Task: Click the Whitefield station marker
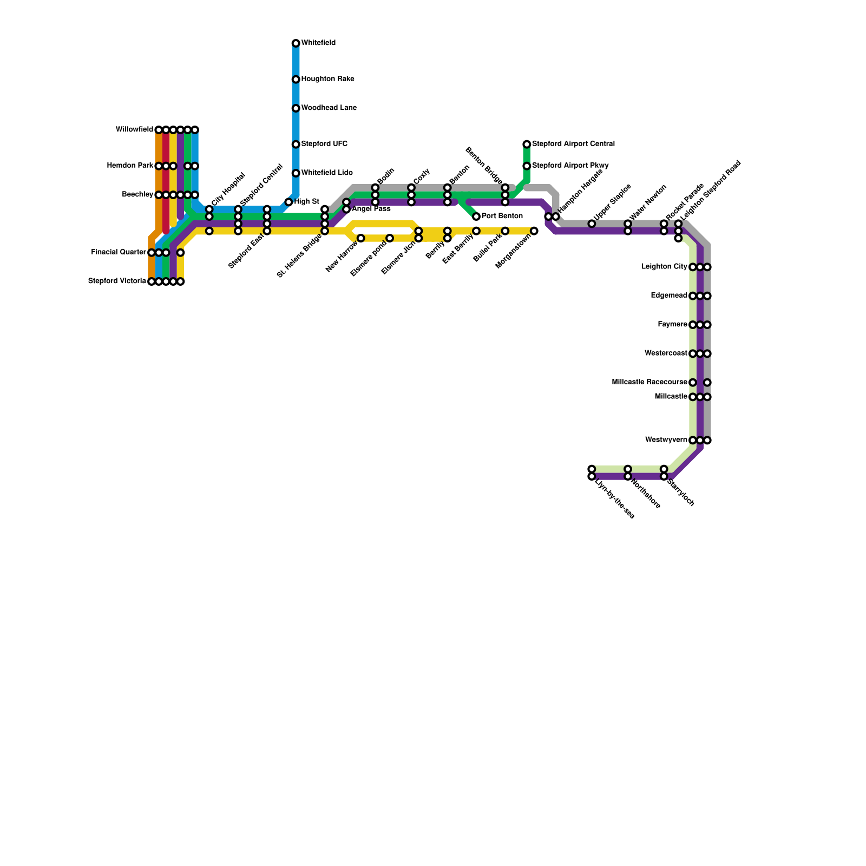(x=296, y=43)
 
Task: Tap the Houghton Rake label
(x=327, y=79)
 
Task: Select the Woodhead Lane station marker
(x=296, y=108)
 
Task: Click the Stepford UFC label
(x=324, y=144)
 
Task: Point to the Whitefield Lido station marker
(x=296, y=173)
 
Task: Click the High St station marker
(x=288, y=202)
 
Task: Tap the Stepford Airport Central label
(x=573, y=144)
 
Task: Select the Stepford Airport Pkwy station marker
(x=527, y=166)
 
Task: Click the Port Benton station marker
(x=476, y=216)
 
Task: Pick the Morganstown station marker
(x=534, y=231)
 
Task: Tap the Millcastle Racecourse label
(x=649, y=382)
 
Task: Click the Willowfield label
(x=134, y=130)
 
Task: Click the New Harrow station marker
(x=361, y=238)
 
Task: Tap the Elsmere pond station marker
(x=390, y=238)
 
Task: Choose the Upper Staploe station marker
(x=592, y=224)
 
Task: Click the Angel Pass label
(x=371, y=209)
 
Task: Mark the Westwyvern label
(x=666, y=440)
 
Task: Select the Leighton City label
(x=664, y=267)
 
